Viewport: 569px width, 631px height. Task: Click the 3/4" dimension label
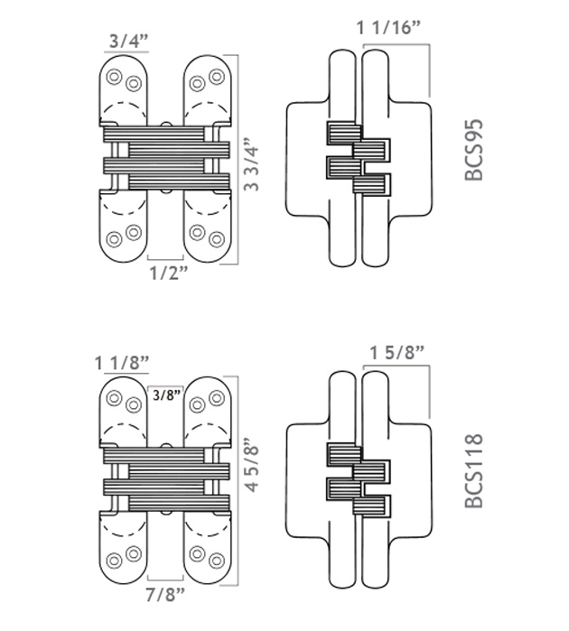pos(128,41)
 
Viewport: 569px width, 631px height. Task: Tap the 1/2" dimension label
pos(169,274)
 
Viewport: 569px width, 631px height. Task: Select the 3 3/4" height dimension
pos(252,164)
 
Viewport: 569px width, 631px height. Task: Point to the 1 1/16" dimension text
pos(388,28)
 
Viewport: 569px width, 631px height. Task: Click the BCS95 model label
pos(473,150)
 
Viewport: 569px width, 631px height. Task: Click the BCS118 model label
pos(473,470)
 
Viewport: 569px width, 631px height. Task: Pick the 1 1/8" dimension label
pos(122,363)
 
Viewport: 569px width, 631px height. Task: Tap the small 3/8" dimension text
pos(167,394)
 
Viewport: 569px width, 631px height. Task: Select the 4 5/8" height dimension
pos(252,464)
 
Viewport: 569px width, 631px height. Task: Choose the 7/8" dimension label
pos(165,595)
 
